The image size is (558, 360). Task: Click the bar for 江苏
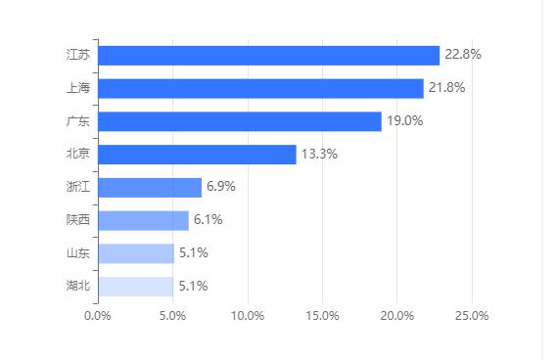click(269, 56)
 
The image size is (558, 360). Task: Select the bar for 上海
click(261, 88)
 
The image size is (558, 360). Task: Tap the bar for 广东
click(240, 121)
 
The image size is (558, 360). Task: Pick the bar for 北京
click(197, 155)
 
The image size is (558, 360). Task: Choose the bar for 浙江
click(150, 187)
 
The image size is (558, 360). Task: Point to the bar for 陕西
click(144, 220)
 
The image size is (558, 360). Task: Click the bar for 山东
click(136, 253)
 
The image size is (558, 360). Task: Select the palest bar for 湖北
click(136, 287)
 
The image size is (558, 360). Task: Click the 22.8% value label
click(462, 55)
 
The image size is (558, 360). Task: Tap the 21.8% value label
click(446, 88)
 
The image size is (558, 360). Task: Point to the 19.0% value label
click(404, 121)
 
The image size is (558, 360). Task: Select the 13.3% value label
click(319, 155)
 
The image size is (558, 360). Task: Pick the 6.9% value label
click(221, 187)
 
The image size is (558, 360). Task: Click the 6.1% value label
click(208, 220)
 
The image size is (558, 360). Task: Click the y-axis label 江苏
click(77, 55)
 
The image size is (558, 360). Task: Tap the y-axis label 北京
click(77, 155)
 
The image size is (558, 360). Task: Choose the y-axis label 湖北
click(77, 287)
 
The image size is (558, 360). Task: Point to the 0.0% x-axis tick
click(98, 316)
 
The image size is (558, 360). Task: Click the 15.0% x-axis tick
click(322, 316)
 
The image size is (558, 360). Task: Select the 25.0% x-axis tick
click(472, 316)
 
